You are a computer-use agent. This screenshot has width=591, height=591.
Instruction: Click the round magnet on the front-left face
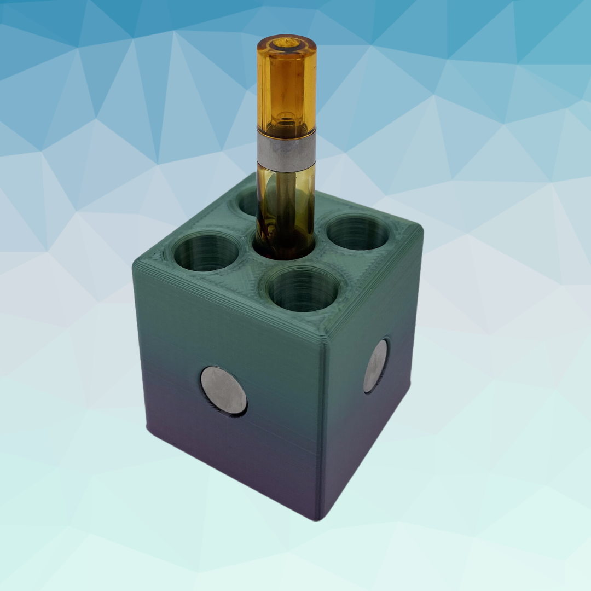[223, 390]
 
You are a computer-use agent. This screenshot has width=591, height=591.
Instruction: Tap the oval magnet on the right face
[375, 366]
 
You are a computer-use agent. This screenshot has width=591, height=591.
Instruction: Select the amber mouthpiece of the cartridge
[286, 88]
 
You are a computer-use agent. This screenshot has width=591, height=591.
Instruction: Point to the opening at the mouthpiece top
[286, 42]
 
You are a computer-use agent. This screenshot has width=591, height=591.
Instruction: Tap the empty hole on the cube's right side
[358, 232]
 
